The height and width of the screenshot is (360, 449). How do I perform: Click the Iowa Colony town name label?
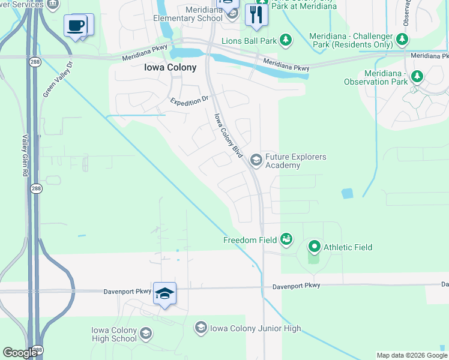coord(170,68)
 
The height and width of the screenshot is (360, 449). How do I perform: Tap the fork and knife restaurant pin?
coord(256,14)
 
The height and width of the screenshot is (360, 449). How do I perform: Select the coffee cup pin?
coord(76,25)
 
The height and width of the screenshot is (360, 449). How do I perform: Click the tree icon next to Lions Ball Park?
coord(286,40)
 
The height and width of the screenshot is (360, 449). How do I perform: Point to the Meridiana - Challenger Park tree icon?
coord(402,40)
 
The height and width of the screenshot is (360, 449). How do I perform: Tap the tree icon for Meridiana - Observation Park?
coord(417,77)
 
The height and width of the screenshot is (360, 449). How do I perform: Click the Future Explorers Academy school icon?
coord(256,160)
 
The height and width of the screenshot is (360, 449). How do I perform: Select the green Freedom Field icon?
coord(286,240)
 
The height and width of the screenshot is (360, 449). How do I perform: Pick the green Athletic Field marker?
coord(314,247)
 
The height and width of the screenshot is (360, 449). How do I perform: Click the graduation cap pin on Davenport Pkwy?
coord(164,293)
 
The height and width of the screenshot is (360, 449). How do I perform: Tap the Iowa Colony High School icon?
coord(146,334)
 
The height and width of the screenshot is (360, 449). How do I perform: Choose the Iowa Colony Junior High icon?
coord(200,328)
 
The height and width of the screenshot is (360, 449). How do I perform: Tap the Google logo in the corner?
coord(20,353)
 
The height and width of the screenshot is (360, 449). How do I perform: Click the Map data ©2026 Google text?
coord(412,355)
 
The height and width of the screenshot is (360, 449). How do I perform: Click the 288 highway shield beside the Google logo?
coord(37,350)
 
